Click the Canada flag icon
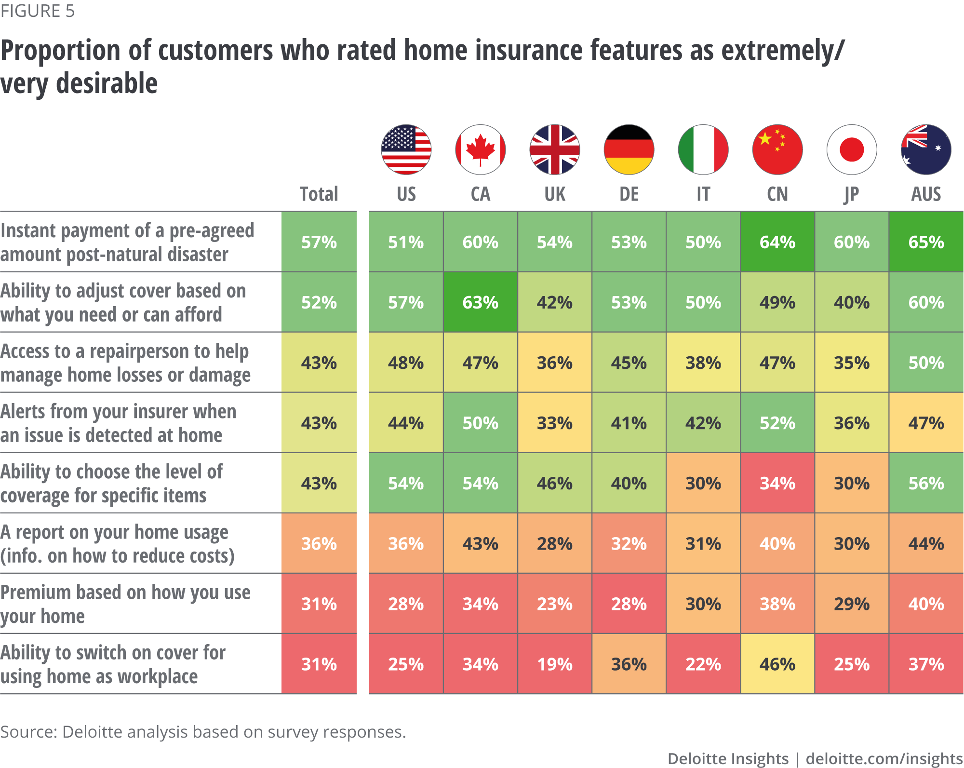(481, 149)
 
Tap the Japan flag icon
(852, 149)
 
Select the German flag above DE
(629, 149)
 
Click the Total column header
(319, 194)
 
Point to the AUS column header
(926, 194)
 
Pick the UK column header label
(555, 194)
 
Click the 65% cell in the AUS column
(926, 242)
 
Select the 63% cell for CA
(481, 302)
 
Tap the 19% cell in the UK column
(555, 664)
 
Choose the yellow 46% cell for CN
(777, 664)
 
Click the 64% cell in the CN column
(777, 242)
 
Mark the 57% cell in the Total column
(319, 242)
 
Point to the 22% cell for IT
(703, 664)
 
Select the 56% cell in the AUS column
(926, 483)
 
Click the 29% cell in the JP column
(852, 604)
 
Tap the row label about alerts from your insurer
(118, 423)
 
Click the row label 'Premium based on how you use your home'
(125, 604)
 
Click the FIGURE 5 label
(38, 11)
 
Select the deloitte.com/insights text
(884, 758)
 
